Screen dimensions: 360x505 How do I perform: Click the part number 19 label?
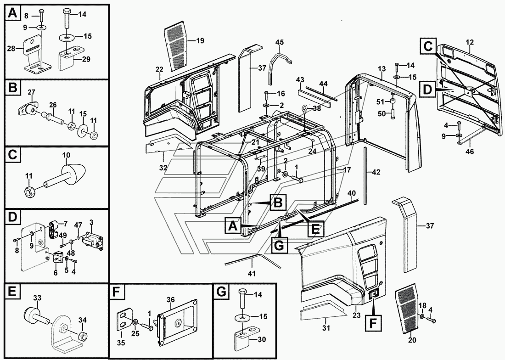click(x=200, y=40)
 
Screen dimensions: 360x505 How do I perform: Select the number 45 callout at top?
click(x=280, y=42)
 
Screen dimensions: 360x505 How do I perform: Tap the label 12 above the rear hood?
click(x=469, y=43)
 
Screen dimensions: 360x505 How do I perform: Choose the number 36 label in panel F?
click(x=170, y=299)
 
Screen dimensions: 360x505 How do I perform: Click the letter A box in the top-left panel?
click(x=12, y=14)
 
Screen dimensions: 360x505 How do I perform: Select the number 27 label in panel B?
click(x=32, y=92)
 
